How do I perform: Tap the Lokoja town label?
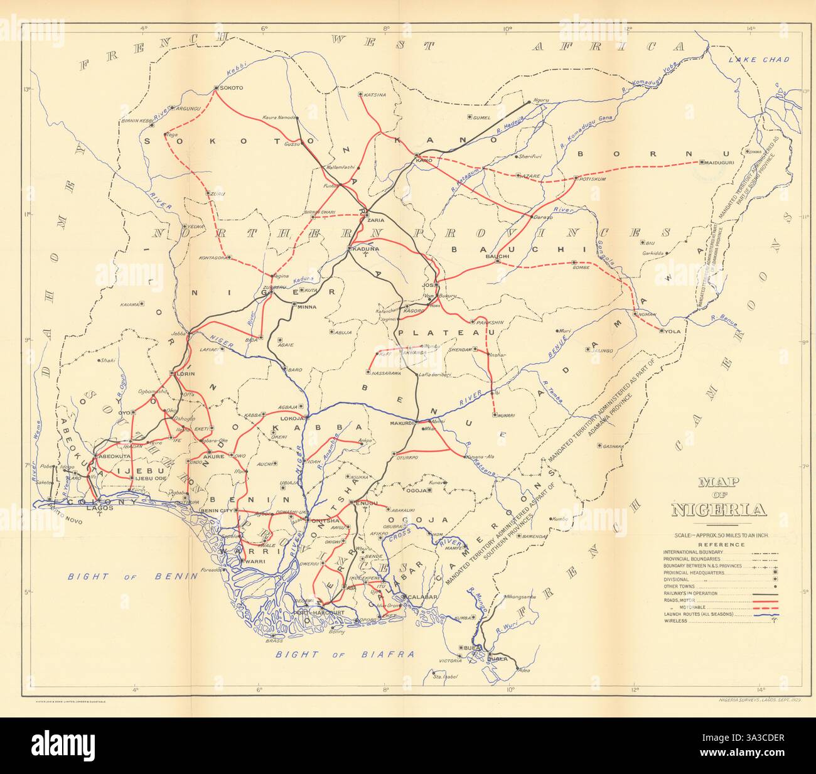click(293, 417)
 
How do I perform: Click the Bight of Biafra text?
click(345, 654)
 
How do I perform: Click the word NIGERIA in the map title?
click(719, 509)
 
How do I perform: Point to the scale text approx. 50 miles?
click(719, 534)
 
